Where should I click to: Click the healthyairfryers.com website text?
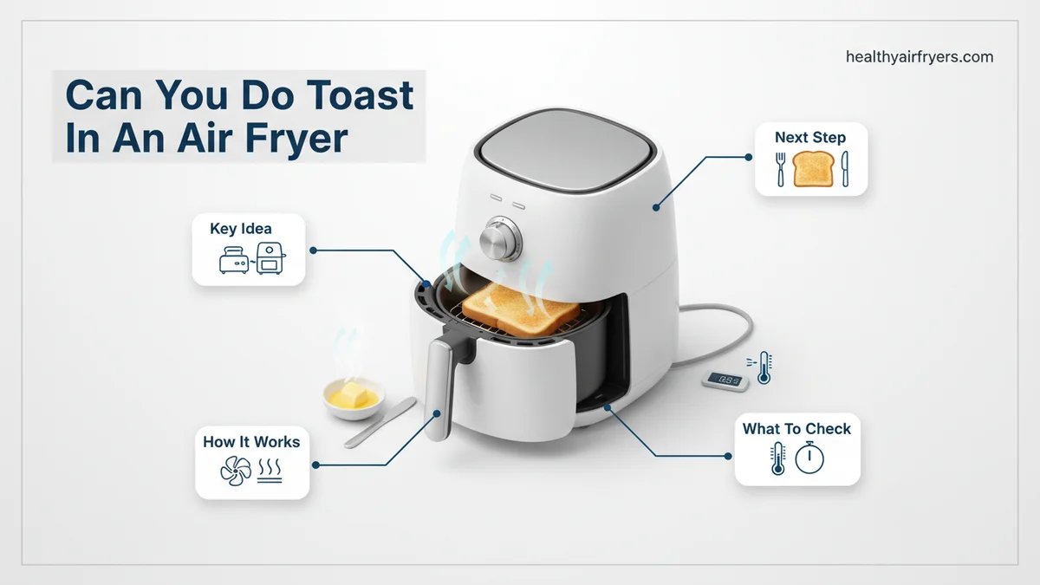coord(920,57)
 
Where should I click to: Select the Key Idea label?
coord(241,229)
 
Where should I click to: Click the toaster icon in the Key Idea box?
coord(233,259)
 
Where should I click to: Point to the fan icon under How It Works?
coord(236,471)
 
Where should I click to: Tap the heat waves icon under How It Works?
coord(270,471)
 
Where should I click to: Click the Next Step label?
coord(810,138)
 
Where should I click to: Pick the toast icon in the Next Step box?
coord(813,169)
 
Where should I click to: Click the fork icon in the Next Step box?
coord(781,170)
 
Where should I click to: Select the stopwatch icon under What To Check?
coord(809,458)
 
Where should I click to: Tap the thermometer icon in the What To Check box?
coord(777,458)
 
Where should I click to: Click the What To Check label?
coord(796,429)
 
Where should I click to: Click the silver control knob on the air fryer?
coord(500,238)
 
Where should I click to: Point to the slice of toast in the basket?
coord(521,309)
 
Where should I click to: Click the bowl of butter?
coord(354,399)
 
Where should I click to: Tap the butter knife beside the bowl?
coord(380,423)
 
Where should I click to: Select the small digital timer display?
coord(725,381)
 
